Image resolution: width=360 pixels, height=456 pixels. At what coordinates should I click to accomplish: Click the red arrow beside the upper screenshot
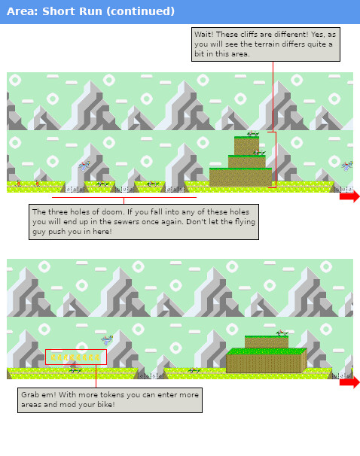click(349, 196)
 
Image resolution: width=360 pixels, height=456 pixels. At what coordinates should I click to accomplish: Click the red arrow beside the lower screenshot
click(349, 382)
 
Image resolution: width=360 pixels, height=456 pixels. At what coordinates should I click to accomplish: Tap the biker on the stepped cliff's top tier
click(253, 135)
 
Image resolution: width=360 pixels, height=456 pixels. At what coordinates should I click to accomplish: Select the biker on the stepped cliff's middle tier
click(258, 153)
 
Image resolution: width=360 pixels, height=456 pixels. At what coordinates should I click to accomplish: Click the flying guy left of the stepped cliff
click(86, 165)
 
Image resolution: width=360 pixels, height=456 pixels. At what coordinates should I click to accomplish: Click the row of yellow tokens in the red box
click(75, 357)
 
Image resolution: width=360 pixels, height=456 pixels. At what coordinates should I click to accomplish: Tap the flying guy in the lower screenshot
click(107, 340)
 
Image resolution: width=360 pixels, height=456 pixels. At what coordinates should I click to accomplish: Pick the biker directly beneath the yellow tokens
click(74, 369)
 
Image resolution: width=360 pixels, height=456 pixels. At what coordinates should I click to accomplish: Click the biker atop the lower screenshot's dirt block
click(282, 333)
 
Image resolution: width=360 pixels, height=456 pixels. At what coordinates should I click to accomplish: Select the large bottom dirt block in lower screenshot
click(265, 361)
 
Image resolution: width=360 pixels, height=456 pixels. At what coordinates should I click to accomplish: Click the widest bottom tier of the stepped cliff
click(240, 178)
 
